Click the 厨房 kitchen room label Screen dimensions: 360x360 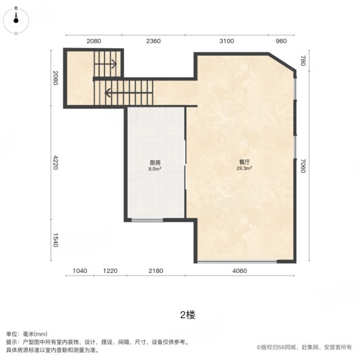(x=155, y=163)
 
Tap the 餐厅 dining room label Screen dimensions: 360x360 (x=244, y=162)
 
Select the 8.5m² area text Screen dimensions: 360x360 (x=155, y=169)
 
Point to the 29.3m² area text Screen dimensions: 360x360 (x=244, y=168)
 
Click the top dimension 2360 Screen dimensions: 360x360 (x=154, y=41)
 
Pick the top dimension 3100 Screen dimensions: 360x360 (x=227, y=41)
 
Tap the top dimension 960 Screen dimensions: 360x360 (x=281, y=41)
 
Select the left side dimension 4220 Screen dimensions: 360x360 (x=56, y=163)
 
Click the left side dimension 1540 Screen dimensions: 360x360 (x=56, y=240)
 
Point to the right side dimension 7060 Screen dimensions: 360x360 (x=303, y=166)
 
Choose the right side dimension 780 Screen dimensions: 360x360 (x=303, y=61)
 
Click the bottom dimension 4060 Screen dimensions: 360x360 (x=240, y=271)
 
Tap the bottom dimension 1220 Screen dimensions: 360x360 (x=110, y=271)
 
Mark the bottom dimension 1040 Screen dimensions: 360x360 (x=80, y=271)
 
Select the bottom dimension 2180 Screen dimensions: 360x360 (x=156, y=271)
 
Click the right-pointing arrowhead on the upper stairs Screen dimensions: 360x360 (x=114, y=64)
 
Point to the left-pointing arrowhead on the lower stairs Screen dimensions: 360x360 (x=107, y=93)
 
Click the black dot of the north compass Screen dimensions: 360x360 (x=16, y=21)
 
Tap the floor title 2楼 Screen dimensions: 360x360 (x=187, y=315)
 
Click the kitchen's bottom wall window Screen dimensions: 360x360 (x=147, y=220)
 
